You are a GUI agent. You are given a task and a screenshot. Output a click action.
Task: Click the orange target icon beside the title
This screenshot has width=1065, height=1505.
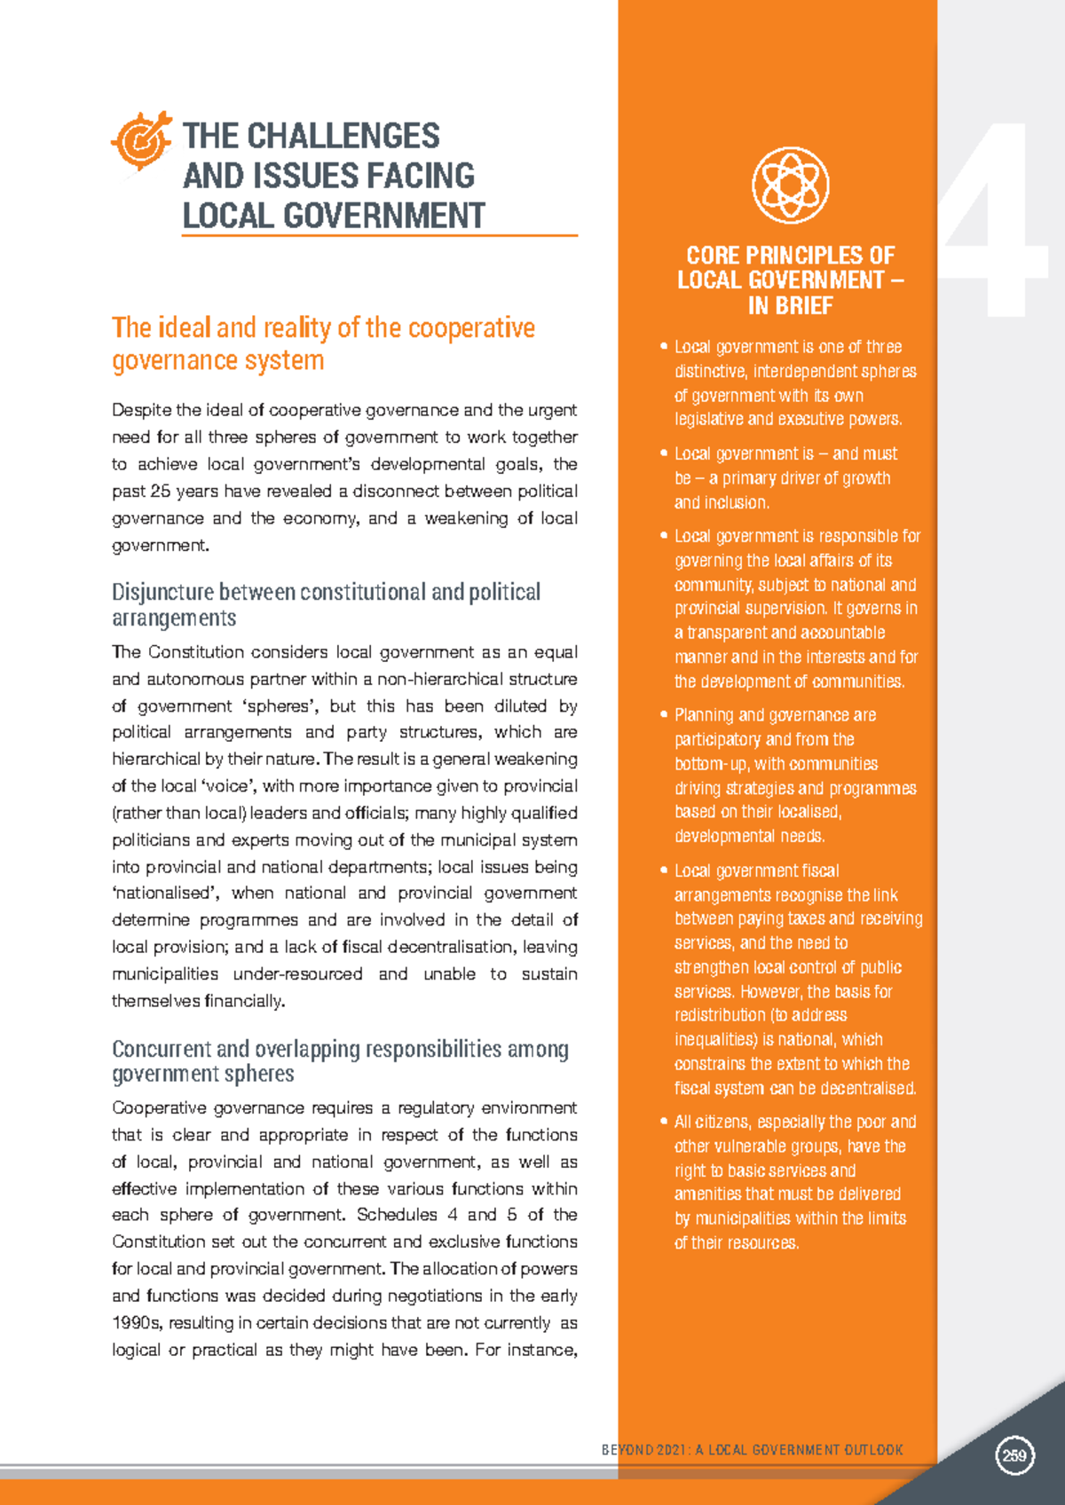coord(141,140)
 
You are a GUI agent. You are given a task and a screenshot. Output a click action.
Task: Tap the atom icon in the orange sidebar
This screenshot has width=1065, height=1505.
coord(790,185)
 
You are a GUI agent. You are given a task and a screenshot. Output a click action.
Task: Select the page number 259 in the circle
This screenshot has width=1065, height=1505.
coord(1014,1455)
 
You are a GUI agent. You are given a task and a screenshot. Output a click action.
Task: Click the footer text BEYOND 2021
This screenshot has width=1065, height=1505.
coord(645,1450)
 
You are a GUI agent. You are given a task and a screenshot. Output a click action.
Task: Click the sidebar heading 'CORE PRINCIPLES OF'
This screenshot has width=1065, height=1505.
coord(790,256)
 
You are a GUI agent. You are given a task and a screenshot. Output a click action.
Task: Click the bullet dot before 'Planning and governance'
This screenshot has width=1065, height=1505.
coord(663,715)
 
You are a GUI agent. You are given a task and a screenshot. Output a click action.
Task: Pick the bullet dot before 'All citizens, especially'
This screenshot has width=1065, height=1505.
coord(663,1122)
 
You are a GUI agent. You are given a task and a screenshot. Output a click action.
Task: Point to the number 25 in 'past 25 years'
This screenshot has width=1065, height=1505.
coord(161,492)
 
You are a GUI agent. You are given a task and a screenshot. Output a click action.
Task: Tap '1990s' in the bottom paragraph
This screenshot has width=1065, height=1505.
coord(137,1323)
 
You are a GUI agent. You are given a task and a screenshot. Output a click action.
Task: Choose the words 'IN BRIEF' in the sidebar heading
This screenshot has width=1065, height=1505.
coord(790,306)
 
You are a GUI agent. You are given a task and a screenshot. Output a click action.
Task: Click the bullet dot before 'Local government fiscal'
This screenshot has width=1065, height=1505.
coord(663,871)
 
